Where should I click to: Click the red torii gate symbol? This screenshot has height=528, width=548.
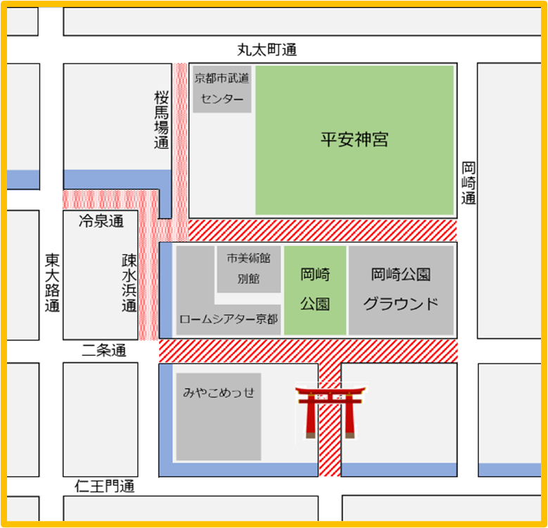pos(331,411)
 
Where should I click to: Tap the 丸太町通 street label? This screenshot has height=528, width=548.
pos(267,50)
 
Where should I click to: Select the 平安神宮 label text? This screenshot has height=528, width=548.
pos(355,139)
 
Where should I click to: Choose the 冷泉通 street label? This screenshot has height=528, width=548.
pos(101,222)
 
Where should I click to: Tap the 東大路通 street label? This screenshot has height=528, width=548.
pos(52,283)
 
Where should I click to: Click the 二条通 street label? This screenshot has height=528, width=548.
pos(103,350)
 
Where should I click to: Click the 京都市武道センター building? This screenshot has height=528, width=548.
pos(222,89)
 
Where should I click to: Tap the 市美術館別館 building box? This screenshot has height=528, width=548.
pos(248,269)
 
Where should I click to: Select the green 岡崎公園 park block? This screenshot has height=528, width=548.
pos(315,289)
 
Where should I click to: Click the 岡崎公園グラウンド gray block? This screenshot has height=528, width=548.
pos(401,289)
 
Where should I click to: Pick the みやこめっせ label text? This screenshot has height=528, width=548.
pos(218,392)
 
